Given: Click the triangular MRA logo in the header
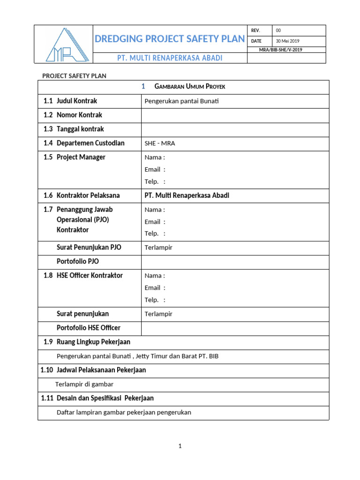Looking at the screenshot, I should tap(64, 45).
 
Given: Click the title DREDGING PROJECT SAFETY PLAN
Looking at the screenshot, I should tap(170, 39).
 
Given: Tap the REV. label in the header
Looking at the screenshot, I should tap(255, 30).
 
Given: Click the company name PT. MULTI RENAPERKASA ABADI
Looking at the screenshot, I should tap(170, 58).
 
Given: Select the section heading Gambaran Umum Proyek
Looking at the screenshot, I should tap(183, 87).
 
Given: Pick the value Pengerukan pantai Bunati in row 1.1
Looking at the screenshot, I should tap(182, 101).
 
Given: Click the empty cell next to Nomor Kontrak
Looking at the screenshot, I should tap(235, 115).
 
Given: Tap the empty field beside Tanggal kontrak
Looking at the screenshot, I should tap(235, 129).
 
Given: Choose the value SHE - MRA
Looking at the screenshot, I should tap(160, 143).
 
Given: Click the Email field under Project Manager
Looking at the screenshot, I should tap(155, 170).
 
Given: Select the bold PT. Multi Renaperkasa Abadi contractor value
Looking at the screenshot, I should tap(187, 195).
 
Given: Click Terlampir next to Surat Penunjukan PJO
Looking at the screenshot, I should tap(158, 247).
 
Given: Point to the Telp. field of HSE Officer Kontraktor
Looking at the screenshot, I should tap(155, 300).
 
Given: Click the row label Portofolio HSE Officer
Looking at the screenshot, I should tap(89, 328).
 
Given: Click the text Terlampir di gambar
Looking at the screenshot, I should tap(84, 384).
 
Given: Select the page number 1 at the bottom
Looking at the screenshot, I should tap(180, 446).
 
